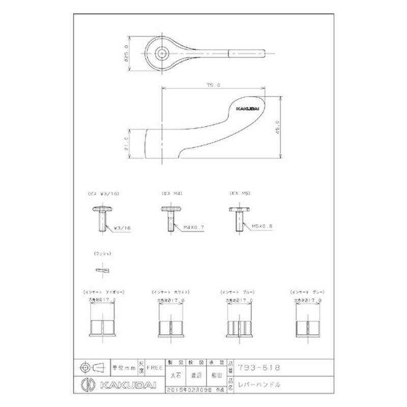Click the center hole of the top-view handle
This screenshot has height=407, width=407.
pos(162,52)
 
